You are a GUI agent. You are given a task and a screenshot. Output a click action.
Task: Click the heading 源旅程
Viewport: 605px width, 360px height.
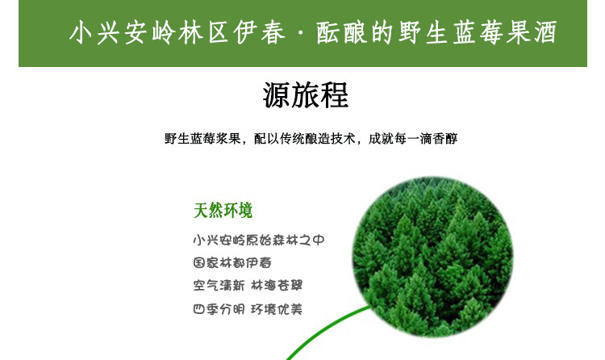[306, 95]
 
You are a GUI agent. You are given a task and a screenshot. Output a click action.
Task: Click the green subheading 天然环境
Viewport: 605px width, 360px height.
[223, 211]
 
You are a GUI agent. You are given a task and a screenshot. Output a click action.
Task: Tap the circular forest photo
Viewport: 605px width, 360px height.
[433, 256]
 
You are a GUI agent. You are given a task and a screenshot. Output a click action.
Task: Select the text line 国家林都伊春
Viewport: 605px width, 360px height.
[232, 263]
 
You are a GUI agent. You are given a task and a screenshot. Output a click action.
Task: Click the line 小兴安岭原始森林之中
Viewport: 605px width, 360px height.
[259, 240]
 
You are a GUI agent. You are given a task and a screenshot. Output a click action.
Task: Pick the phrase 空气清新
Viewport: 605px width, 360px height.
[219, 286]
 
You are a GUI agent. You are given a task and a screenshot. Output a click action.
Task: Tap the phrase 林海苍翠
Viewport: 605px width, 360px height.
[277, 286]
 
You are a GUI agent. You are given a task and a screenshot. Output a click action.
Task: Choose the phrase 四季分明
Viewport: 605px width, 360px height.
[219, 309]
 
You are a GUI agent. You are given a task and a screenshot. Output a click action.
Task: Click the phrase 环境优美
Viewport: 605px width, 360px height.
[277, 309]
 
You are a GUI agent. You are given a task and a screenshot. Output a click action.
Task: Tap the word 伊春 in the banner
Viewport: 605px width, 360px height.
[259, 32]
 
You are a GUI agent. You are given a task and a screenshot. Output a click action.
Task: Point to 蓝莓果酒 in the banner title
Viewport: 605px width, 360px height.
[506, 32]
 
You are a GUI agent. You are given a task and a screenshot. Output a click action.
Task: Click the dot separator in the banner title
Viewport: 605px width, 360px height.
[301, 33]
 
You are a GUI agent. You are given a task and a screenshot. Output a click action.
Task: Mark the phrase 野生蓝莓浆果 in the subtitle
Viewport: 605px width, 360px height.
[203, 138]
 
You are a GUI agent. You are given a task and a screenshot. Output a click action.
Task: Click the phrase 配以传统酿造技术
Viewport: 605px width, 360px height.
[304, 138]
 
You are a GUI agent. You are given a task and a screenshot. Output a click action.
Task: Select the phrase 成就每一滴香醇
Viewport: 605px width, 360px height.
[413, 138]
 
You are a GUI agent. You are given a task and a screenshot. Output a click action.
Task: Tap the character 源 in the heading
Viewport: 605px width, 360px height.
[277, 95]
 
